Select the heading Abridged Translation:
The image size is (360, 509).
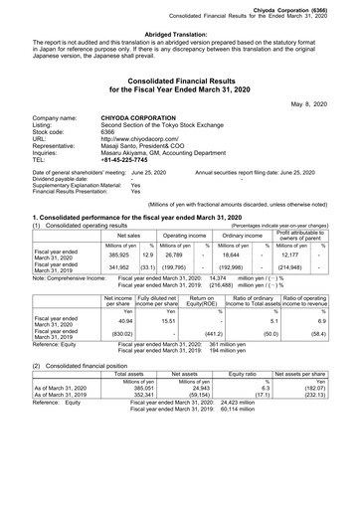click(179, 33)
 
